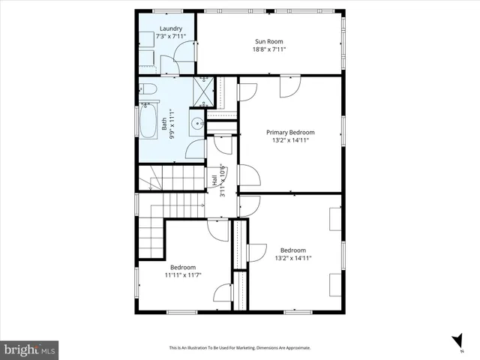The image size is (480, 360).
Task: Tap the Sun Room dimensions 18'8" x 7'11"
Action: [x=269, y=49]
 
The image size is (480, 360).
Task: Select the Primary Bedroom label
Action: [x=290, y=132]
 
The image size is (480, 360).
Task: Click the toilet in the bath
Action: [x=148, y=91]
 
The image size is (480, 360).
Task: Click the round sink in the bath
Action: [x=197, y=124]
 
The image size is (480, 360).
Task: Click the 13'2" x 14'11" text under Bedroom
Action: [x=292, y=258]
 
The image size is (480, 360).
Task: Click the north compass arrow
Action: [x=456, y=341]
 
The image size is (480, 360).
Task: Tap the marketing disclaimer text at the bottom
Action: [x=239, y=348]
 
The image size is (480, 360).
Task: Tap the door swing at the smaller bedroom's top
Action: [x=218, y=229]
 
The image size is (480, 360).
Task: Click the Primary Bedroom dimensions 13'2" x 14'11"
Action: [x=290, y=140]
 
